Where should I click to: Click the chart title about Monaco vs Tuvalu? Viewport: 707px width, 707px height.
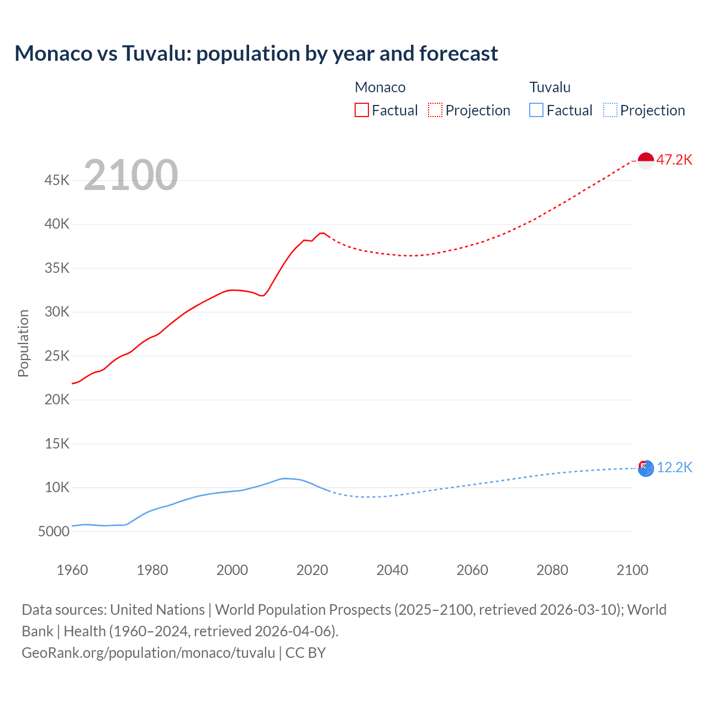(x=256, y=54)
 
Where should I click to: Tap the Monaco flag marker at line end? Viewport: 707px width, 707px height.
(x=646, y=160)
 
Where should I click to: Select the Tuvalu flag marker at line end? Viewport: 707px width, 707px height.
(x=646, y=468)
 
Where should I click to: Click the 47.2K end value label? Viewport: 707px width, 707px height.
(x=674, y=160)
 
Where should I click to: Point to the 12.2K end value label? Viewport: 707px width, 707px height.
(x=674, y=468)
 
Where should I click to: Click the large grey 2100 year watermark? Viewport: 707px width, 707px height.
(x=131, y=175)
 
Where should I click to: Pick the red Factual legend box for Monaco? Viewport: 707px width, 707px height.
(x=362, y=110)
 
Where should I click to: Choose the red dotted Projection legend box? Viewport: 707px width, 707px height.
(x=435, y=110)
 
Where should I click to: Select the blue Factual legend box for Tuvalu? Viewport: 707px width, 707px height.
(x=536, y=110)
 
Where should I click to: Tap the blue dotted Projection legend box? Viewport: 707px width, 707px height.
(x=610, y=110)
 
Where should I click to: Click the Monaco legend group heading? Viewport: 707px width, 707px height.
(x=380, y=87)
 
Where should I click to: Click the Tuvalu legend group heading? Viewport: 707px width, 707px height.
(x=550, y=87)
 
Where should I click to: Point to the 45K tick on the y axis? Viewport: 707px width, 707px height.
(x=57, y=181)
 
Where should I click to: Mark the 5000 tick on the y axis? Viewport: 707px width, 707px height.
(x=54, y=532)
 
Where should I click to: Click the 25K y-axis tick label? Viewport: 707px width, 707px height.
(x=57, y=356)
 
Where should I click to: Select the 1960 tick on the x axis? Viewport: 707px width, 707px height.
(x=72, y=570)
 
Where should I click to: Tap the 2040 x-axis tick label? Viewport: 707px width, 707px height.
(x=392, y=570)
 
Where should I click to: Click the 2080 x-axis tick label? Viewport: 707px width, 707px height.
(x=552, y=570)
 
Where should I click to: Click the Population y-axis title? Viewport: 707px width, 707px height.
(x=23, y=343)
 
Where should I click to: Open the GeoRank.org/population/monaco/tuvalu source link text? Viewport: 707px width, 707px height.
(x=148, y=653)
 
